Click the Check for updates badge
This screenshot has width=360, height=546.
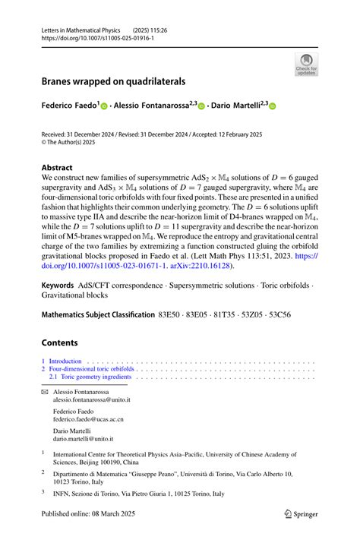(x=306, y=63)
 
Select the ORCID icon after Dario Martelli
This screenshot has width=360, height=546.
(x=273, y=107)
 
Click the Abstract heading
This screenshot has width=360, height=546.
(x=58, y=167)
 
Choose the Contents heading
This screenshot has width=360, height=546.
(x=60, y=342)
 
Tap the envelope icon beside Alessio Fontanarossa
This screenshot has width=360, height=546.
(x=44, y=392)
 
